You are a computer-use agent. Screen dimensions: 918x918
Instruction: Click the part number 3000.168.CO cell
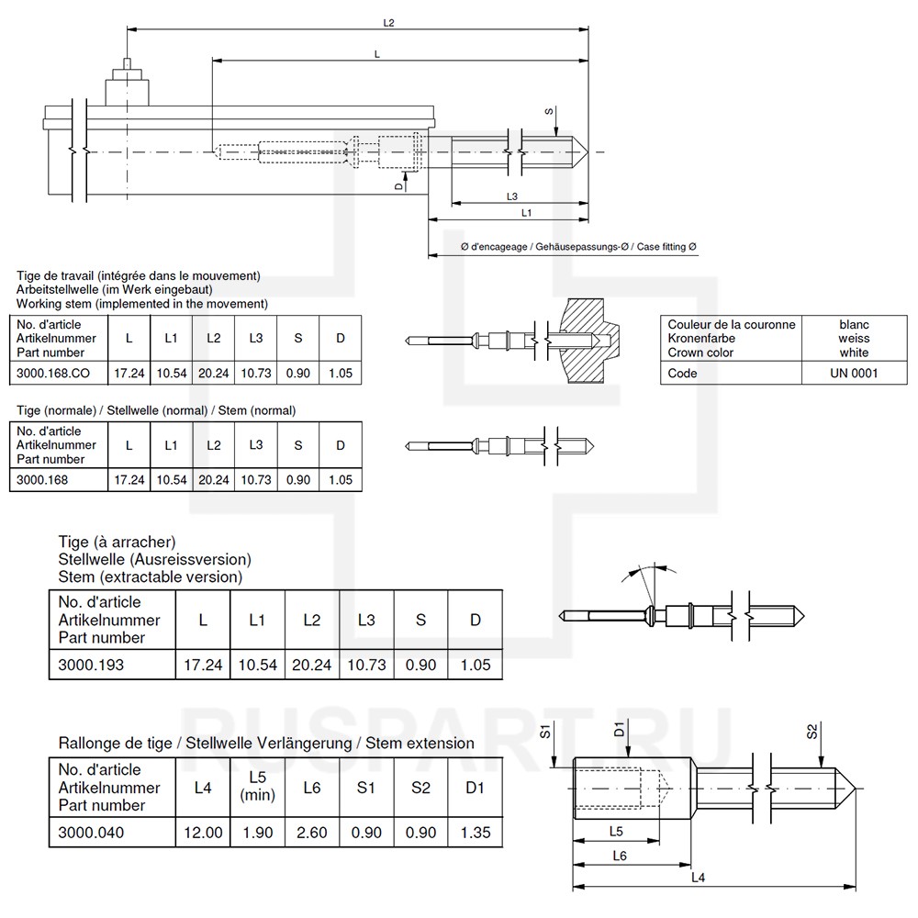tap(55, 374)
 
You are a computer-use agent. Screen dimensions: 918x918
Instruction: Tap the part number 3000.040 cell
tap(91, 834)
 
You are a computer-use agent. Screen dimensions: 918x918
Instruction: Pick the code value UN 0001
tap(854, 374)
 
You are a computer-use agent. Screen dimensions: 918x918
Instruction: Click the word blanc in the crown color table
tap(854, 325)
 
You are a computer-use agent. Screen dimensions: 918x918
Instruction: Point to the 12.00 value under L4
tap(203, 834)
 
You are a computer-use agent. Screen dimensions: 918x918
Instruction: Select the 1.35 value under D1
tap(476, 834)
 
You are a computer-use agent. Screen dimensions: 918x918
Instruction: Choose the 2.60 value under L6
tap(311, 834)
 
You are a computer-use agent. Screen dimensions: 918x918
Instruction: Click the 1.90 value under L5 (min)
tap(257, 834)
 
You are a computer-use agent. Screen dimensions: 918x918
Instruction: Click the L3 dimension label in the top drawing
tap(512, 196)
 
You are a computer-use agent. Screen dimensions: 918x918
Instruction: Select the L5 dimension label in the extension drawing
tap(617, 831)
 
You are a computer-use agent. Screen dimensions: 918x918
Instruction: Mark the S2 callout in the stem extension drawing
tap(812, 732)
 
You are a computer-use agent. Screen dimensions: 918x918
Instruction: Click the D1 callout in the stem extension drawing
tap(620, 732)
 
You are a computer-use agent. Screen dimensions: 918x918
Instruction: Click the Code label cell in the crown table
tap(682, 374)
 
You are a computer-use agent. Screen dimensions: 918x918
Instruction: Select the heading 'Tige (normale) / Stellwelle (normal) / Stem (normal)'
tap(156, 410)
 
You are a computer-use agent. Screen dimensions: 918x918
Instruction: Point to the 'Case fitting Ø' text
tap(667, 248)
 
